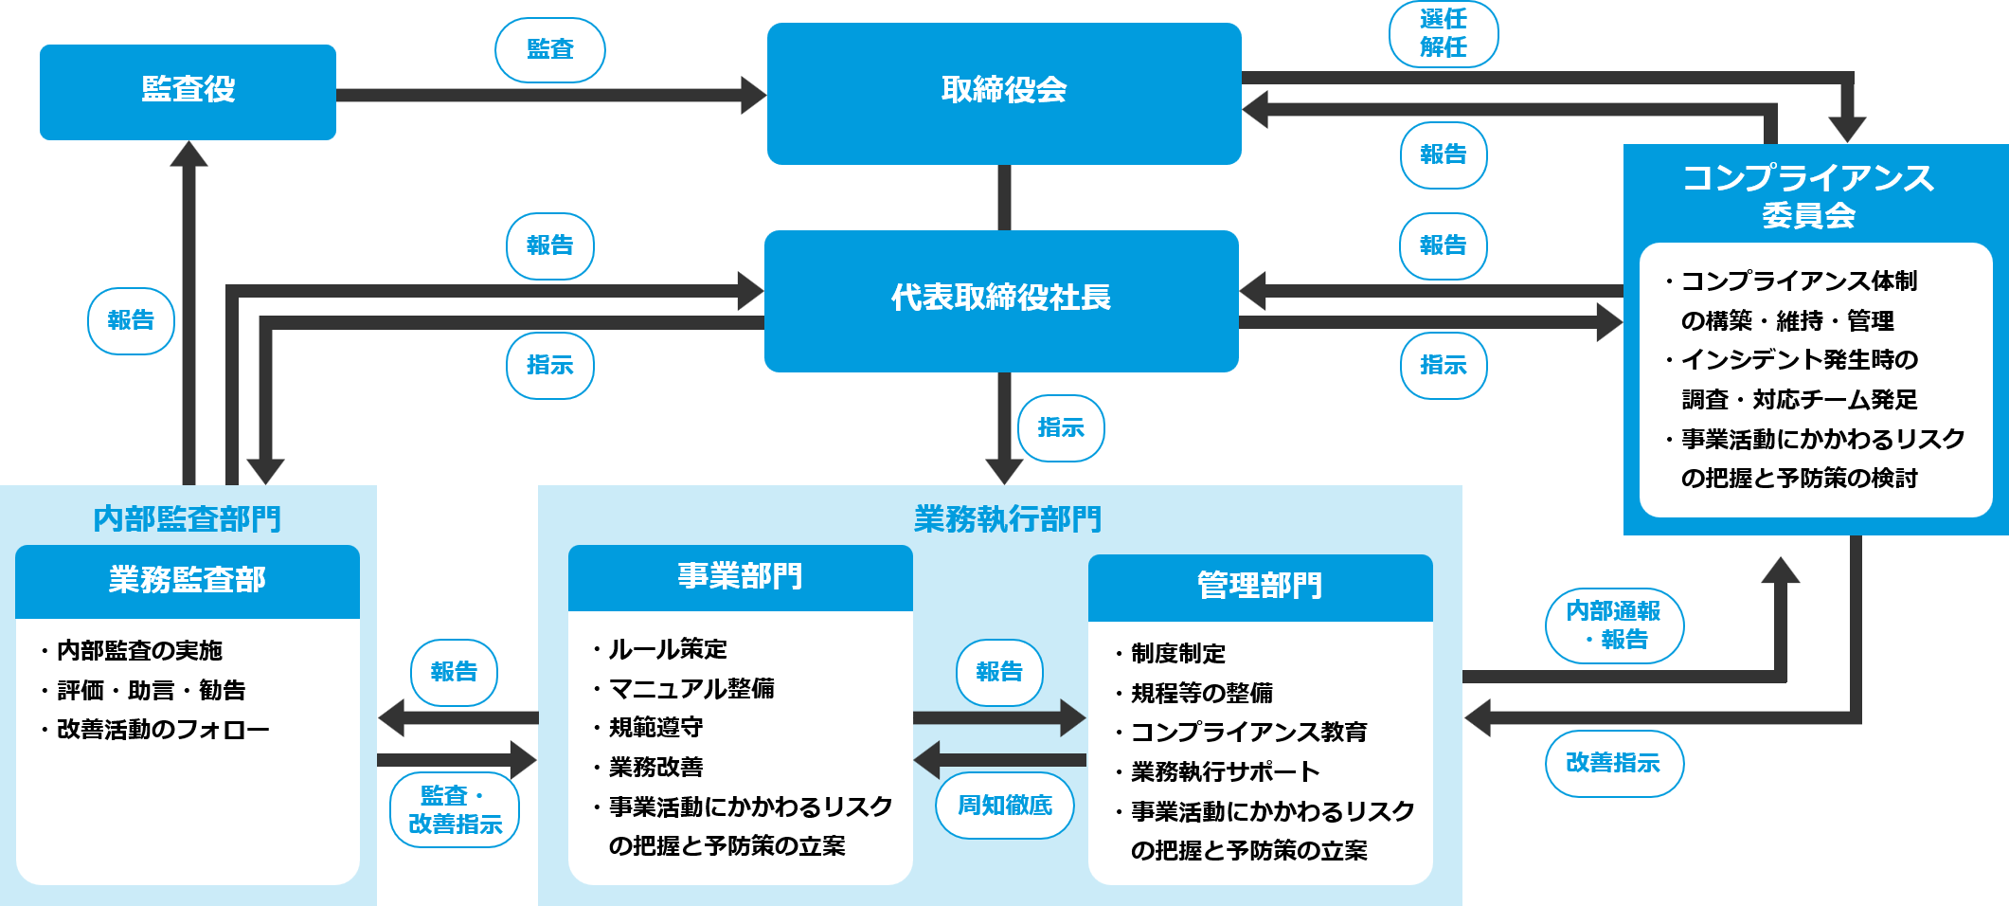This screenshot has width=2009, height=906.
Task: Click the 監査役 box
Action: click(x=188, y=91)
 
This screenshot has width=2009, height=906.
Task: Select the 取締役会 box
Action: click(x=1003, y=92)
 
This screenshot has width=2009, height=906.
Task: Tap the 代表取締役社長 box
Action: click(x=1000, y=299)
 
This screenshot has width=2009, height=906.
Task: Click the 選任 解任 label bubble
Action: click(x=1443, y=33)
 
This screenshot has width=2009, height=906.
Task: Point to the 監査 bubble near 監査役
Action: click(x=549, y=49)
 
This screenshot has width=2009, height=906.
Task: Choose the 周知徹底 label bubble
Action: click(x=1004, y=806)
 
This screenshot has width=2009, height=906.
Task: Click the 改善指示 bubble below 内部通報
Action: click(x=1613, y=763)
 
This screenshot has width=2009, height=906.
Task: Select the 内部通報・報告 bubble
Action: click(x=1613, y=625)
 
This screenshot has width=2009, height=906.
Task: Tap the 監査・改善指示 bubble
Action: click(x=455, y=809)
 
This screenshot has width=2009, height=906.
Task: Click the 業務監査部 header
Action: click(x=187, y=580)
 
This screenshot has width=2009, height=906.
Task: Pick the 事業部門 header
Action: click(x=740, y=576)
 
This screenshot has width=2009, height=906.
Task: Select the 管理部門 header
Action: click(x=1259, y=586)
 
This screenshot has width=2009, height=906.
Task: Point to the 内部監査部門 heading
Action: click(x=187, y=519)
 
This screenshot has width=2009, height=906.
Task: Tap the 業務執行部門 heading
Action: click(x=1007, y=519)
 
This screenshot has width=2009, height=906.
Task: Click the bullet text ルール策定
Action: click(x=667, y=649)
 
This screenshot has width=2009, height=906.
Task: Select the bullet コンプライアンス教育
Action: click(x=1248, y=733)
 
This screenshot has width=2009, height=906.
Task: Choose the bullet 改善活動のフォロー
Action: click(x=163, y=730)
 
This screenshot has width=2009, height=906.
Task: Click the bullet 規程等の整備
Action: click(x=1201, y=694)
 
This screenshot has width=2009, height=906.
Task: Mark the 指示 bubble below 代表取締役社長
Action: click(x=1060, y=428)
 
